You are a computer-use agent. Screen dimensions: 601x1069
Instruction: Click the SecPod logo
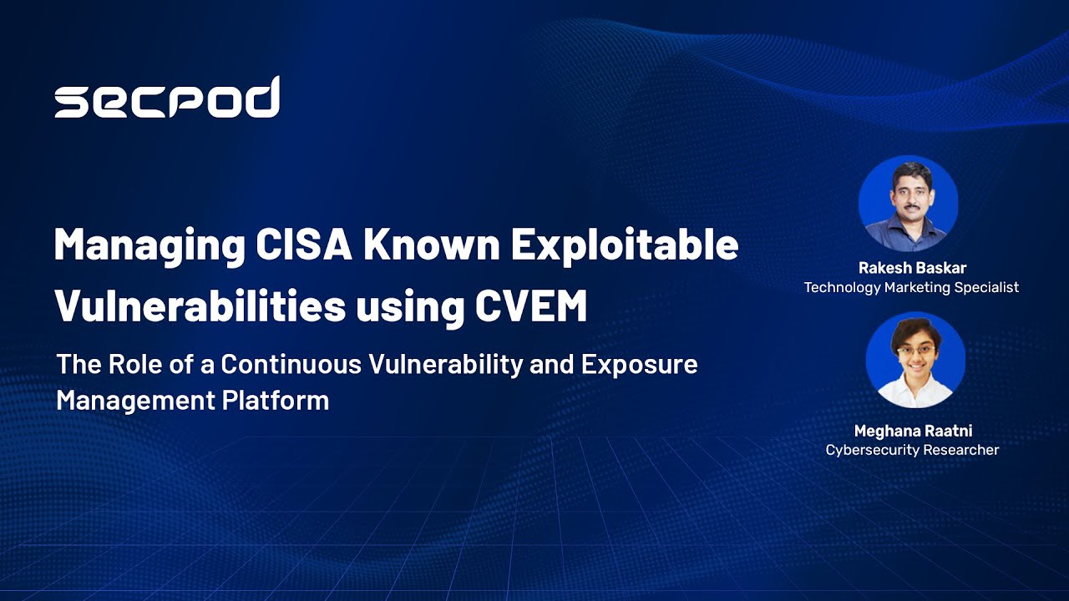[x=167, y=98]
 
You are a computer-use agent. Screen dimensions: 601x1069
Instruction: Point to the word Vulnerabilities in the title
[x=200, y=306]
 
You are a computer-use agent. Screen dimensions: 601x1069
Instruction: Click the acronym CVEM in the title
[x=531, y=306]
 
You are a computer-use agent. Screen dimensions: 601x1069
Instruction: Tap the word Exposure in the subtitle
[x=640, y=365]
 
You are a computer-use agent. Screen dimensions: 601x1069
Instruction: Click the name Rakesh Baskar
[x=911, y=268]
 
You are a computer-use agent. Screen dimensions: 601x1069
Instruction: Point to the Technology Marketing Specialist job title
[x=911, y=287]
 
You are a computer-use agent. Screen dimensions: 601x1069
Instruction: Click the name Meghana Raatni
[x=913, y=431]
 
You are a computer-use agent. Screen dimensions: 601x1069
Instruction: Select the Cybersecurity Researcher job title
[x=912, y=450]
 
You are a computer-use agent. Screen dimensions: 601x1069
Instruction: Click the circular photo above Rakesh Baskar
[x=908, y=204]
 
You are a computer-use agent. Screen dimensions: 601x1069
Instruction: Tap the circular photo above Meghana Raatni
[x=915, y=361]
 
